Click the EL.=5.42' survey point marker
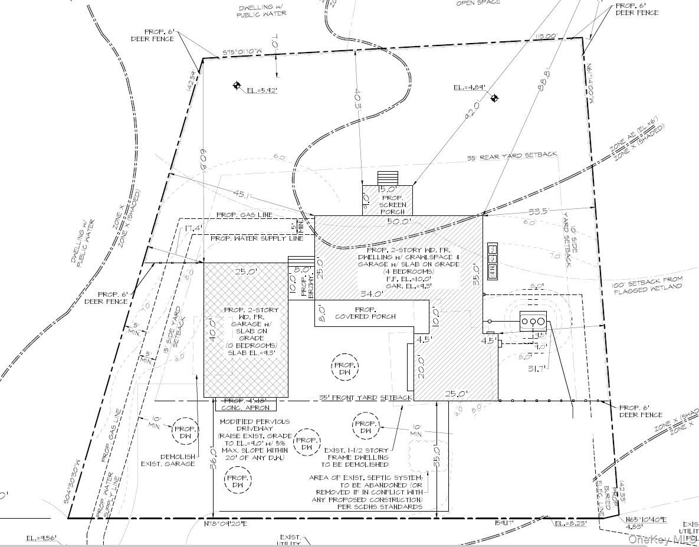point(237,86)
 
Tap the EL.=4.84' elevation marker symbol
point(495,98)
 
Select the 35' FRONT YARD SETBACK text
point(365,398)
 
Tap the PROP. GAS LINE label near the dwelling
point(244,215)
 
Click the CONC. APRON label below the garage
point(246,408)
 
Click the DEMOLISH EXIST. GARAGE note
point(168,460)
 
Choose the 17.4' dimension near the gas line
point(193,228)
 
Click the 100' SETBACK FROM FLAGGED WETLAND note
point(647,283)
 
